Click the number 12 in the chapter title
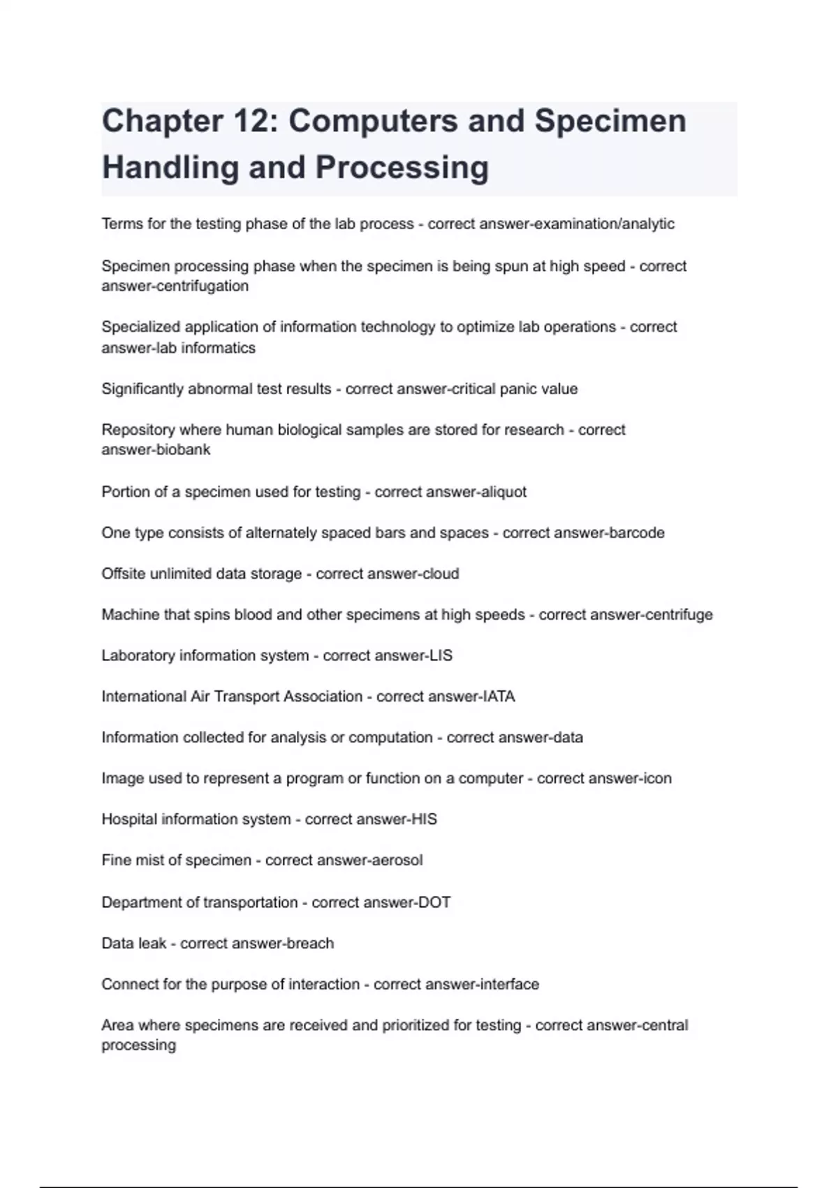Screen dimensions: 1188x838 (x=247, y=121)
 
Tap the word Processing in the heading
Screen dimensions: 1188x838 (x=402, y=168)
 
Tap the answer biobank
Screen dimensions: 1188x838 (x=183, y=449)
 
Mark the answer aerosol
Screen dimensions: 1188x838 (x=396, y=860)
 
